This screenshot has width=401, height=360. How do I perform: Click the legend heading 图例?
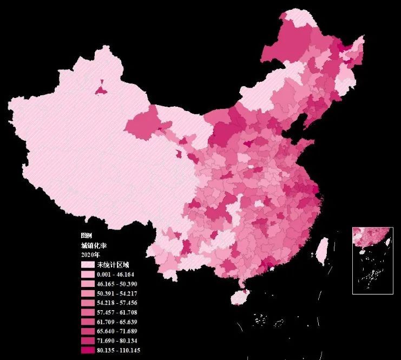[x=87, y=236]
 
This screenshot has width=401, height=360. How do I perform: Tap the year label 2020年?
[x=90, y=254]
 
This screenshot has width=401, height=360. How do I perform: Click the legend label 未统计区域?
[x=113, y=265]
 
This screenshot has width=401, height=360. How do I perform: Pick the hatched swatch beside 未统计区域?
[x=88, y=265]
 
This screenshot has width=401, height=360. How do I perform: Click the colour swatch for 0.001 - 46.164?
[x=88, y=274]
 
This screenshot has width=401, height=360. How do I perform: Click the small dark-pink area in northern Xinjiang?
[x=101, y=88]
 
